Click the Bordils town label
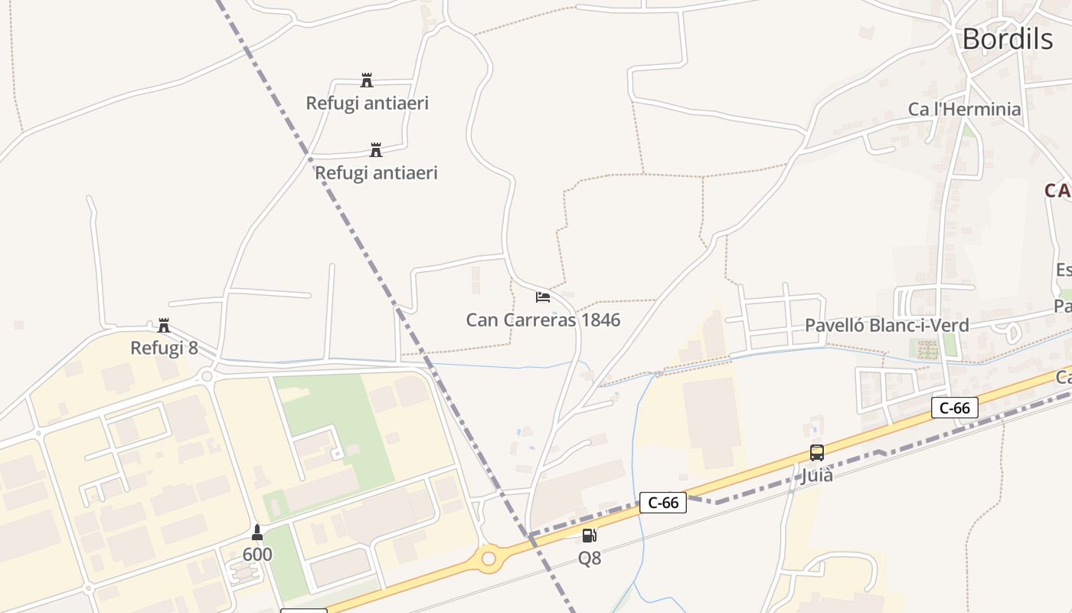coord(1007,38)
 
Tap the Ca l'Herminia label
coord(964,109)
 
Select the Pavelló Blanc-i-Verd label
coord(887,325)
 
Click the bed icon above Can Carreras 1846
coord(543,297)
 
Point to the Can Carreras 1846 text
coord(543,320)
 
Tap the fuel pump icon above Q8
coord(589,536)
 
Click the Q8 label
coord(589,559)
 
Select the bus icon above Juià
coord(817,452)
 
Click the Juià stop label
coord(817,475)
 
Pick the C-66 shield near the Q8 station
coord(663,503)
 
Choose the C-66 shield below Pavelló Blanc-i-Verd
coord(955,408)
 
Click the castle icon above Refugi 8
coord(164,325)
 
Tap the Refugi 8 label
coord(164,348)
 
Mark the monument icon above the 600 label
coord(257,532)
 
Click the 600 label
coord(257,554)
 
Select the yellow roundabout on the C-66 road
coord(489,559)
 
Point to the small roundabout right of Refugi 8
coord(206,376)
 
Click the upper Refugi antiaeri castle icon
coord(367,80)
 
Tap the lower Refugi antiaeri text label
coord(376,172)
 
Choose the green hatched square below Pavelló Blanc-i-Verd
coord(927,350)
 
